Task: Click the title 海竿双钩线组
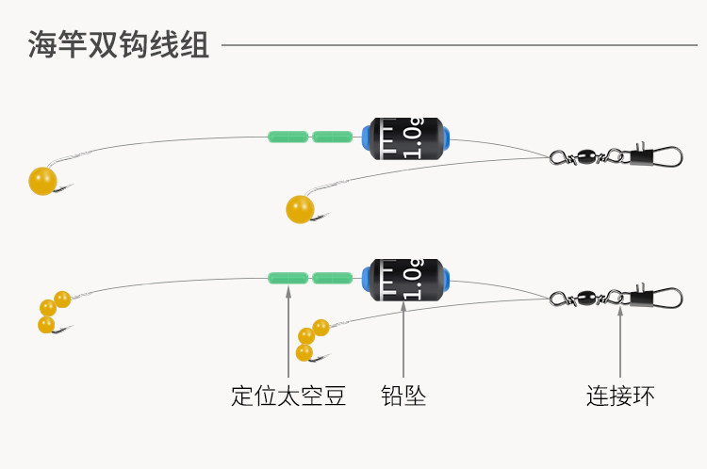pyautogui.click(x=119, y=44)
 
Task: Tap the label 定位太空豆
pyautogui.click(x=288, y=396)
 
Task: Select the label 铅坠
pyautogui.click(x=403, y=396)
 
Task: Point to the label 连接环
pyautogui.click(x=620, y=396)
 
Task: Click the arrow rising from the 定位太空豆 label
pyautogui.click(x=288, y=332)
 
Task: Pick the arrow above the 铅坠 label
pyautogui.click(x=403, y=339)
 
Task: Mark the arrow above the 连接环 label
pyautogui.click(x=620, y=342)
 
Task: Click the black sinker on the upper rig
pyautogui.click(x=405, y=138)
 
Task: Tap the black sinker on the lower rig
pyautogui.click(x=405, y=280)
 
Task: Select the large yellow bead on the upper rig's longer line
pyautogui.click(x=42, y=181)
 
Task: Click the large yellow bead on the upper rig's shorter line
pyautogui.click(x=300, y=209)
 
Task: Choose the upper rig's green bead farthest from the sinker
pyautogui.click(x=288, y=137)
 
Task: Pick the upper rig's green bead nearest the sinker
pyautogui.click(x=333, y=137)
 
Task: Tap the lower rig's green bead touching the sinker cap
pyautogui.click(x=333, y=278)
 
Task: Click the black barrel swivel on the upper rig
pyautogui.click(x=585, y=157)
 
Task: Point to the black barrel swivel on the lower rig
pyautogui.click(x=585, y=298)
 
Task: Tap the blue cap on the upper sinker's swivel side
pyautogui.click(x=447, y=138)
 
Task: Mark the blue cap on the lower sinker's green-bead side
pyautogui.click(x=366, y=280)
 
